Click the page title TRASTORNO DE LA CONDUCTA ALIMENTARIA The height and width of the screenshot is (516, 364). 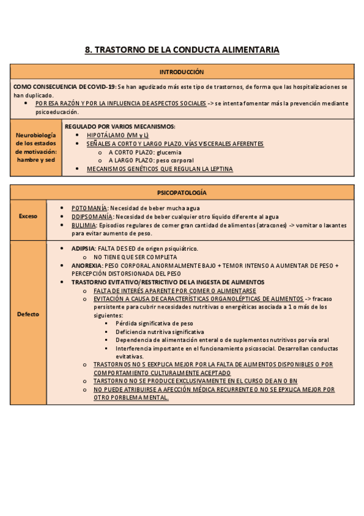[182, 50]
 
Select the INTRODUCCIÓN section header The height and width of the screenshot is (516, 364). [182, 72]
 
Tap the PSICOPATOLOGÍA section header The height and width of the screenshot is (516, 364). [182, 192]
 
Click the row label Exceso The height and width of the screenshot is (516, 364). [27, 216]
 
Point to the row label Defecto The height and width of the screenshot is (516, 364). [28, 314]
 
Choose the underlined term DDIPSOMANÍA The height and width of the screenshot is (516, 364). [92, 216]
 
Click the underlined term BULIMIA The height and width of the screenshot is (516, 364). [84, 225]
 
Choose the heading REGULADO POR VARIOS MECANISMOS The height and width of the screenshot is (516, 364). [120, 126]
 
